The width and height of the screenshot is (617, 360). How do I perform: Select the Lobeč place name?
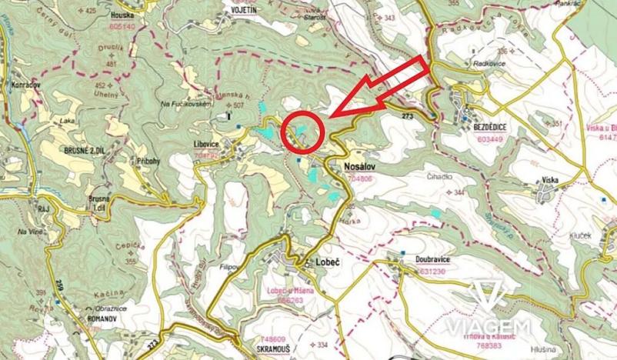pyautogui.click(x=328, y=262)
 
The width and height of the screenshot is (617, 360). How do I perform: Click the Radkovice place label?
pyautogui.click(x=491, y=64)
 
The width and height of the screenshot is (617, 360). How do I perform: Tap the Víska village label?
pyautogui.click(x=550, y=179)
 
